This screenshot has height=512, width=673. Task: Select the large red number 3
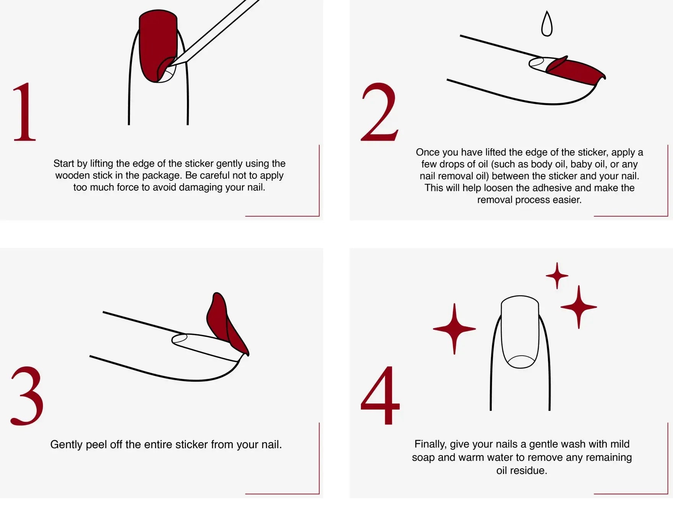(27, 396)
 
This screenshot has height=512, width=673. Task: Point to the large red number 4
(380, 395)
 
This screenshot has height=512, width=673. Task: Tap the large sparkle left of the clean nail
(454, 329)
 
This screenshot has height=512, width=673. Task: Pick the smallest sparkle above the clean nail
(557, 275)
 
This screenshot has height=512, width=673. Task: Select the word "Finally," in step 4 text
(431, 444)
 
